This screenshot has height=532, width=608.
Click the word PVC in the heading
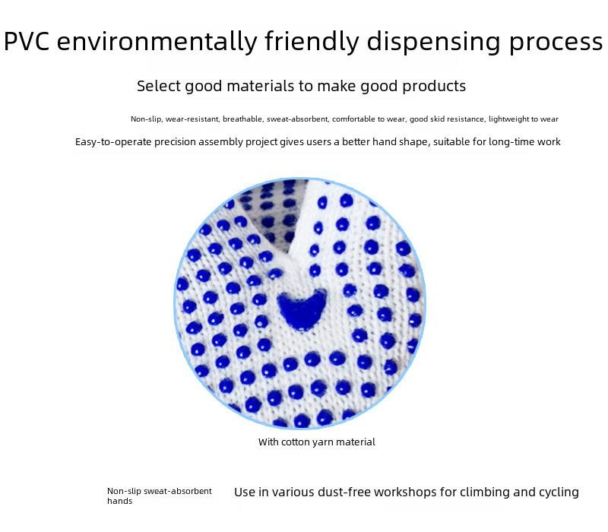pyautogui.click(x=27, y=41)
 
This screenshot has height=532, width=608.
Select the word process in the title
pyautogui.click(x=556, y=43)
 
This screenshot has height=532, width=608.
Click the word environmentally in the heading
pyautogui.click(x=157, y=42)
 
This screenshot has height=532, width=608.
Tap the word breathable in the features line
pyautogui.click(x=243, y=119)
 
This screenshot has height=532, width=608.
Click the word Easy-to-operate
pyautogui.click(x=113, y=142)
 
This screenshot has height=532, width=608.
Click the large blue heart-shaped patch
pyautogui.click(x=302, y=309)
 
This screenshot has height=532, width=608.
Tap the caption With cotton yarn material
pyautogui.click(x=316, y=442)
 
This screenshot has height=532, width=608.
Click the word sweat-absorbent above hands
pyautogui.click(x=178, y=491)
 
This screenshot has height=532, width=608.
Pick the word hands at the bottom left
pyautogui.click(x=119, y=501)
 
